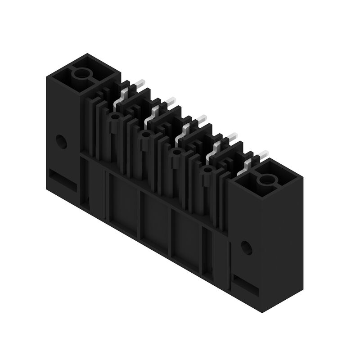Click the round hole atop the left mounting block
(82, 74)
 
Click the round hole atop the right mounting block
(265, 181)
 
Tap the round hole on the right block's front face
(245, 247)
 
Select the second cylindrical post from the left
(145, 135)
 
